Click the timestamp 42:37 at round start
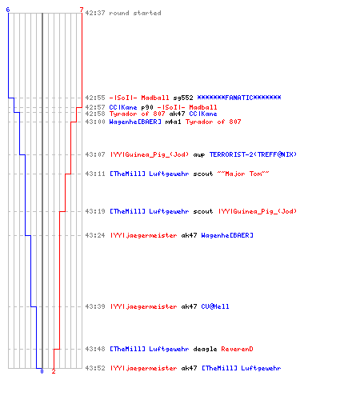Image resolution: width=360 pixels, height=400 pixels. (95, 13)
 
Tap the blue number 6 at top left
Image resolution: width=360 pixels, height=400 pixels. (8, 10)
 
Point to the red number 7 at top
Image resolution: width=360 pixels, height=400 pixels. (82, 10)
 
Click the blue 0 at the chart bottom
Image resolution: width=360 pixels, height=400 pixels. (42, 371)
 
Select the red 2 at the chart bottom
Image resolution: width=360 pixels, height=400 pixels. (54, 371)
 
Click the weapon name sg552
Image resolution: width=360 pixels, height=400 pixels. (183, 98)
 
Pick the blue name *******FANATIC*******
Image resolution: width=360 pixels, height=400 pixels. (239, 98)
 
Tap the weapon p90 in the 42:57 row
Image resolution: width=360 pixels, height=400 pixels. (147, 107)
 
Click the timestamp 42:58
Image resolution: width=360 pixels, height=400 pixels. (95, 114)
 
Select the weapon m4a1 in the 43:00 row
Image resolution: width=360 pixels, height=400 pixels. (173, 122)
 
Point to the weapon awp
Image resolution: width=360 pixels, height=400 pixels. (199, 154)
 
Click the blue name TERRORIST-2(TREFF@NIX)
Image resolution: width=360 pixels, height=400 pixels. (253, 154)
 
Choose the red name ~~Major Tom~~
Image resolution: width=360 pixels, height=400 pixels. (243, 174)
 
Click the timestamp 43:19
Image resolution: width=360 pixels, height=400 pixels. (95, 211)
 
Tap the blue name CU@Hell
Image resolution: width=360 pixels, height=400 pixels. (215, 306)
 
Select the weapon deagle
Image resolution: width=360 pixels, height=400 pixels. (205, 350)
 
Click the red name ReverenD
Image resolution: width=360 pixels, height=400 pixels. (237, 349)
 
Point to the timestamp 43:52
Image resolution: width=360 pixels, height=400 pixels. (95, 368)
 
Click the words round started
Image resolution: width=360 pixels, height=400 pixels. (135, 13)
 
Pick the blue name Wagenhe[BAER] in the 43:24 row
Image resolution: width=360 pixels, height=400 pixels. (227, 235)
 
